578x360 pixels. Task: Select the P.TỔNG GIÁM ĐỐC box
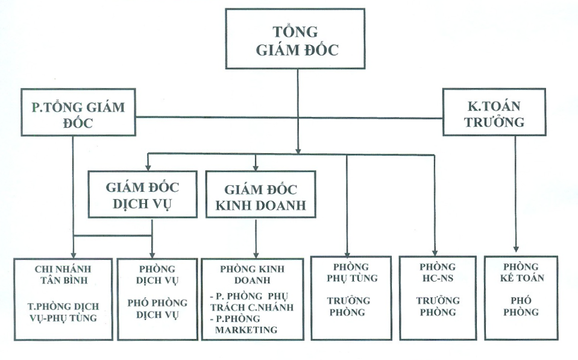pos(78,114)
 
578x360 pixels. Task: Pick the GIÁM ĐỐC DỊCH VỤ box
pos(142,194)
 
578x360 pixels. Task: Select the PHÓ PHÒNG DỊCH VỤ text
pos(157,309)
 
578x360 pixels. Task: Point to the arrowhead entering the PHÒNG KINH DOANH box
pos(257,253)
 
